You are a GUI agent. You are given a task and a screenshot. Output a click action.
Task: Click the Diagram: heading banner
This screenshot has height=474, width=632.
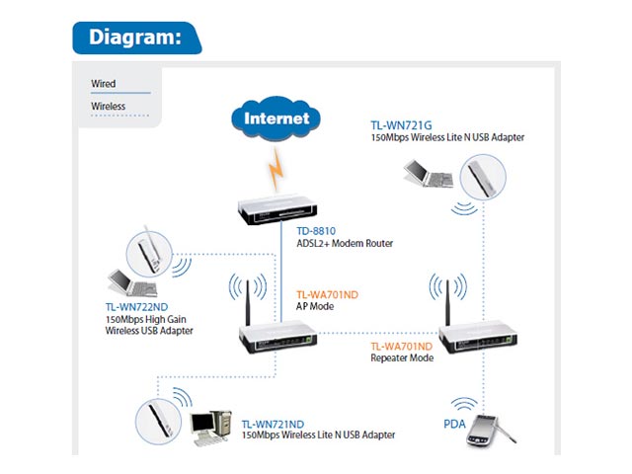(x=135, y=38)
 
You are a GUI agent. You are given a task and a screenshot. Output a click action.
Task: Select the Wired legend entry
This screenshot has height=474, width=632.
(x=104, y=84)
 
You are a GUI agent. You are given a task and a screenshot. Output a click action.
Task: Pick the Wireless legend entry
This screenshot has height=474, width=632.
(x=108, y=106)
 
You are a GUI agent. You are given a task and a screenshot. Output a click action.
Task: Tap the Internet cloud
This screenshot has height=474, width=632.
(x=276, y=119)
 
